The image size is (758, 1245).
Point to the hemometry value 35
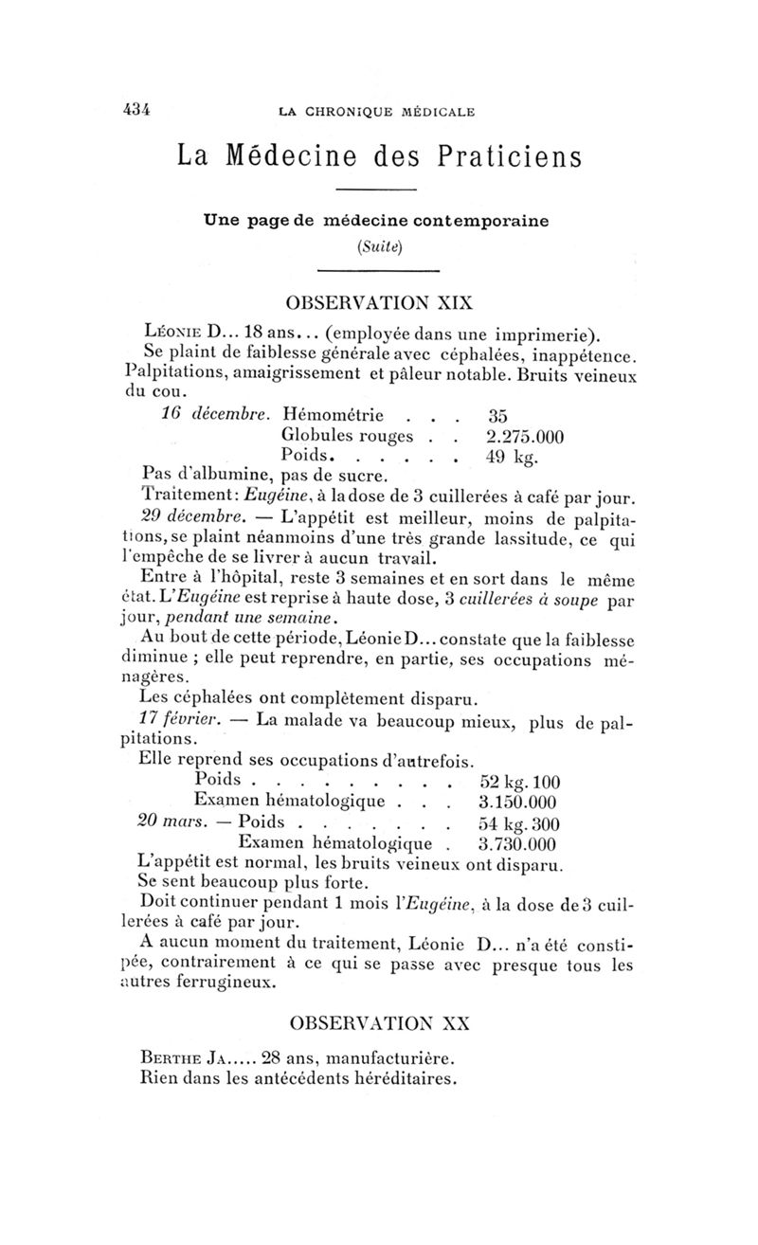coord(499,414)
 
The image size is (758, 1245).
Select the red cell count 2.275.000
coord(524,436)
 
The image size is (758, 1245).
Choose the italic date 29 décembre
coord(184,517)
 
